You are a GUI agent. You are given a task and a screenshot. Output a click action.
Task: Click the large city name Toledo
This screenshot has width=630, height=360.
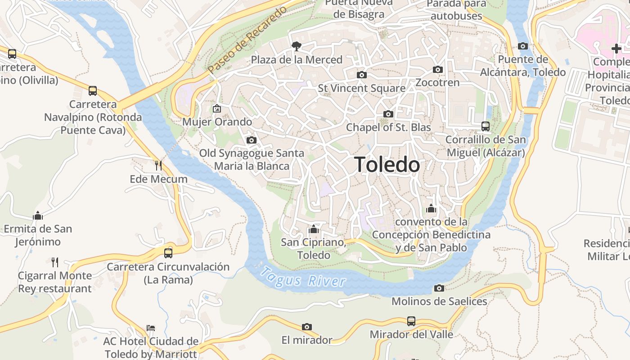coord(387,165)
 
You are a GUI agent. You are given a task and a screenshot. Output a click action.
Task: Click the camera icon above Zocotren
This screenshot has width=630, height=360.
coord(438,69)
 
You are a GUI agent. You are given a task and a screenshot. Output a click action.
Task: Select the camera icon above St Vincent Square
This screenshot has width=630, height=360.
coord(361,75)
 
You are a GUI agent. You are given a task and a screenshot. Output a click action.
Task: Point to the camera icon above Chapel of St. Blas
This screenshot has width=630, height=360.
coord(388,114)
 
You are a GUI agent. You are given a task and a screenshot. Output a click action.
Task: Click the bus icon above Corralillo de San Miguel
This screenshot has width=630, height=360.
coord(486,126)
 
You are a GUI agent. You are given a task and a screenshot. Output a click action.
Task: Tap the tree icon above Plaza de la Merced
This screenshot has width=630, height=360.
coord(296,46)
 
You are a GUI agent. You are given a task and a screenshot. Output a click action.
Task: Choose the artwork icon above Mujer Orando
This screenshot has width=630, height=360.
coord(217,108)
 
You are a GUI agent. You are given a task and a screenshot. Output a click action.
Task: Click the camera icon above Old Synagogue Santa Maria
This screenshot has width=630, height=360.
coord(252,140)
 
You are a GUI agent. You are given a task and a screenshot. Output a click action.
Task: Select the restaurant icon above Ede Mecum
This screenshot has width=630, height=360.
coord(158,166)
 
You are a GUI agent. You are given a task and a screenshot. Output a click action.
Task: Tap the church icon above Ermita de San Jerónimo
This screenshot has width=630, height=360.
coord(38,216)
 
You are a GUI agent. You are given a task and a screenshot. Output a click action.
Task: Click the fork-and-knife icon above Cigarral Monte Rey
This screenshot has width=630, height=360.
coord(55,262)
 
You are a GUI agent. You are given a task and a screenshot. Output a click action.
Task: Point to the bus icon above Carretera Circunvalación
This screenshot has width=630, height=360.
coord(168,253)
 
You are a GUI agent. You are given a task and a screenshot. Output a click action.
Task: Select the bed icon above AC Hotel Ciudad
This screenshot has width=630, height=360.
coord(151,328)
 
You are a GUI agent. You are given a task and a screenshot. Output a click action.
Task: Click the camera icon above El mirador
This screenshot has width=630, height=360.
coord(307,327)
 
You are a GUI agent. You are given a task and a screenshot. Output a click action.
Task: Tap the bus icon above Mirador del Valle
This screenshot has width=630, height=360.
coord(411,321)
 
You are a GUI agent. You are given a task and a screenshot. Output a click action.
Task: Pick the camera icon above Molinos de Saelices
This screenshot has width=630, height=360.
coord(439,288)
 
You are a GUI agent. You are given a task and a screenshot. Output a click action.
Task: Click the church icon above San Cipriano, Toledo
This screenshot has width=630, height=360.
coord(314,229)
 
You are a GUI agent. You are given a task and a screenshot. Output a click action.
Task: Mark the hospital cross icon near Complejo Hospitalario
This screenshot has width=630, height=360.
coord(616,48)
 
